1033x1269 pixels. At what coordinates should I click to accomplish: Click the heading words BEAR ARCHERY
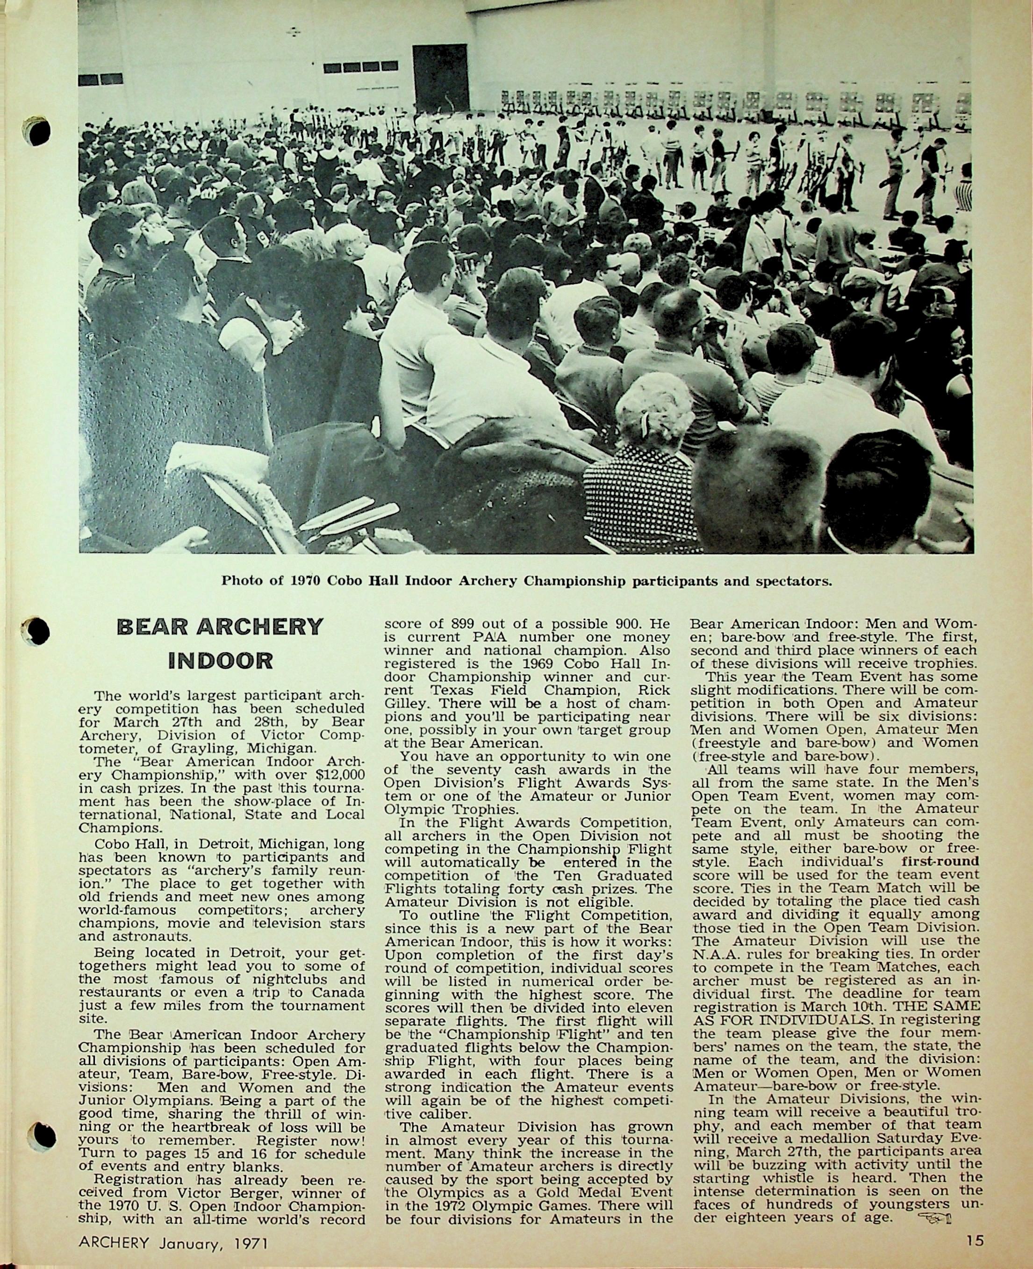[x=220, y=627]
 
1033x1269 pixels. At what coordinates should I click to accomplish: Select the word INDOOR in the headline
[x=220, y=660]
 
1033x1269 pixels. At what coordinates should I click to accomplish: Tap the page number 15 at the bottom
[x=975, y=1240]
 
